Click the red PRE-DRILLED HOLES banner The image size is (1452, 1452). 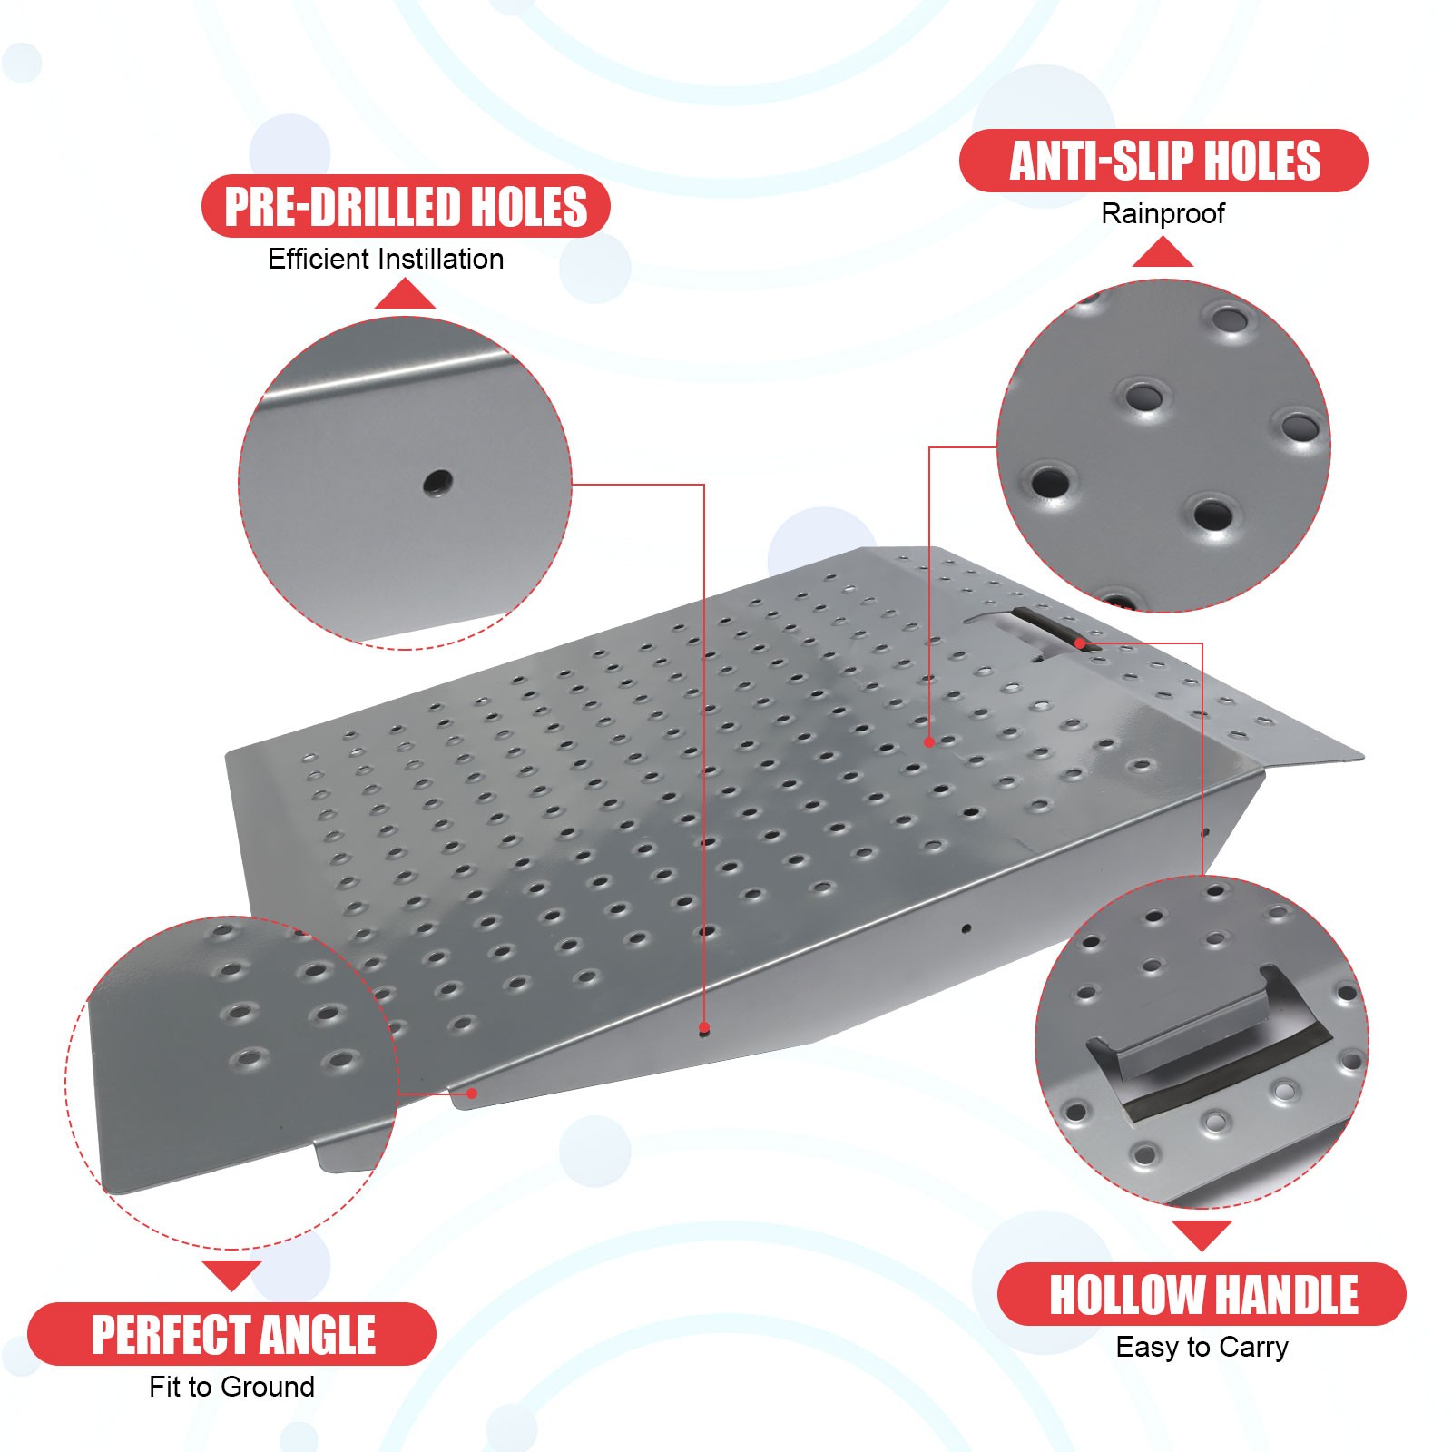pos(406,206)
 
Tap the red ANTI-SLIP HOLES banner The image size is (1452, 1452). pos(1163,161)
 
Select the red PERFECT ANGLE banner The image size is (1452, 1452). pos(232,1334)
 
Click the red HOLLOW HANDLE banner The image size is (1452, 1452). pos(1202,1294)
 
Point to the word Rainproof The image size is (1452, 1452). pos(1163,213)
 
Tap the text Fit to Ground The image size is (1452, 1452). pos(232,1387)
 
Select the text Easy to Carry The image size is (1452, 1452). pos(1202,1347)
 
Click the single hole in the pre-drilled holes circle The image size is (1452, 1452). pos(437,481)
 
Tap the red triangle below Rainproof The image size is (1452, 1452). pos(1163,254)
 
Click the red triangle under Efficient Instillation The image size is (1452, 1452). pos(405,296)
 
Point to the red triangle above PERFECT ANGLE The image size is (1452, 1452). pos(232,1272)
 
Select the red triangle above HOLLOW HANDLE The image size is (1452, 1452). pos(1202,1234)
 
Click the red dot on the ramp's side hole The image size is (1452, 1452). pos(704,1028)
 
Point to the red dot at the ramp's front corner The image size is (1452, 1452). pos(472,1094)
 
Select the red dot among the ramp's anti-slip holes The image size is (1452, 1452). pos(929,741)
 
